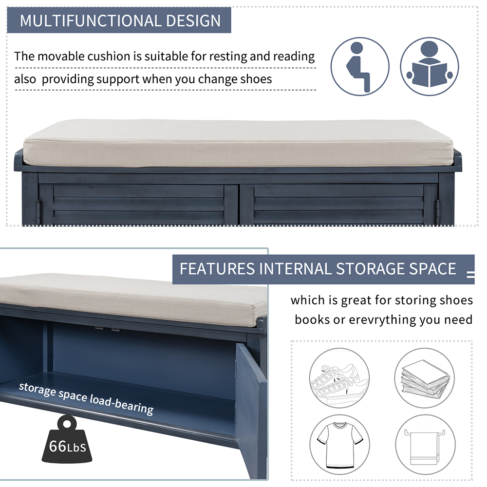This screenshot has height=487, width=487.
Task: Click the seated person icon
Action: pyautogui.click(x=360, y=66)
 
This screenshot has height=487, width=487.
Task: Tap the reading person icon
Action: pyautogui.click(x=430, y=66)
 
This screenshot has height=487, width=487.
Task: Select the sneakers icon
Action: pyautogui.click(x=339, y=378)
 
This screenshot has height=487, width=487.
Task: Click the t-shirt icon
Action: pyautogui.click(x=339, y=444)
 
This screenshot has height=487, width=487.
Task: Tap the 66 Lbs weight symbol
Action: pyautogui.click(x=67, y=441)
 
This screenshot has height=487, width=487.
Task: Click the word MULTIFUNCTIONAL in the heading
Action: pyautogui.click(x=90, y=21)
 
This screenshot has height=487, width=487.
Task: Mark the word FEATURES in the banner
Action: pyautogui.click(x=217, y=269)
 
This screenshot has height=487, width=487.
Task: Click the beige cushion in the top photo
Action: pyautogui.click(x=239, y=144)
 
